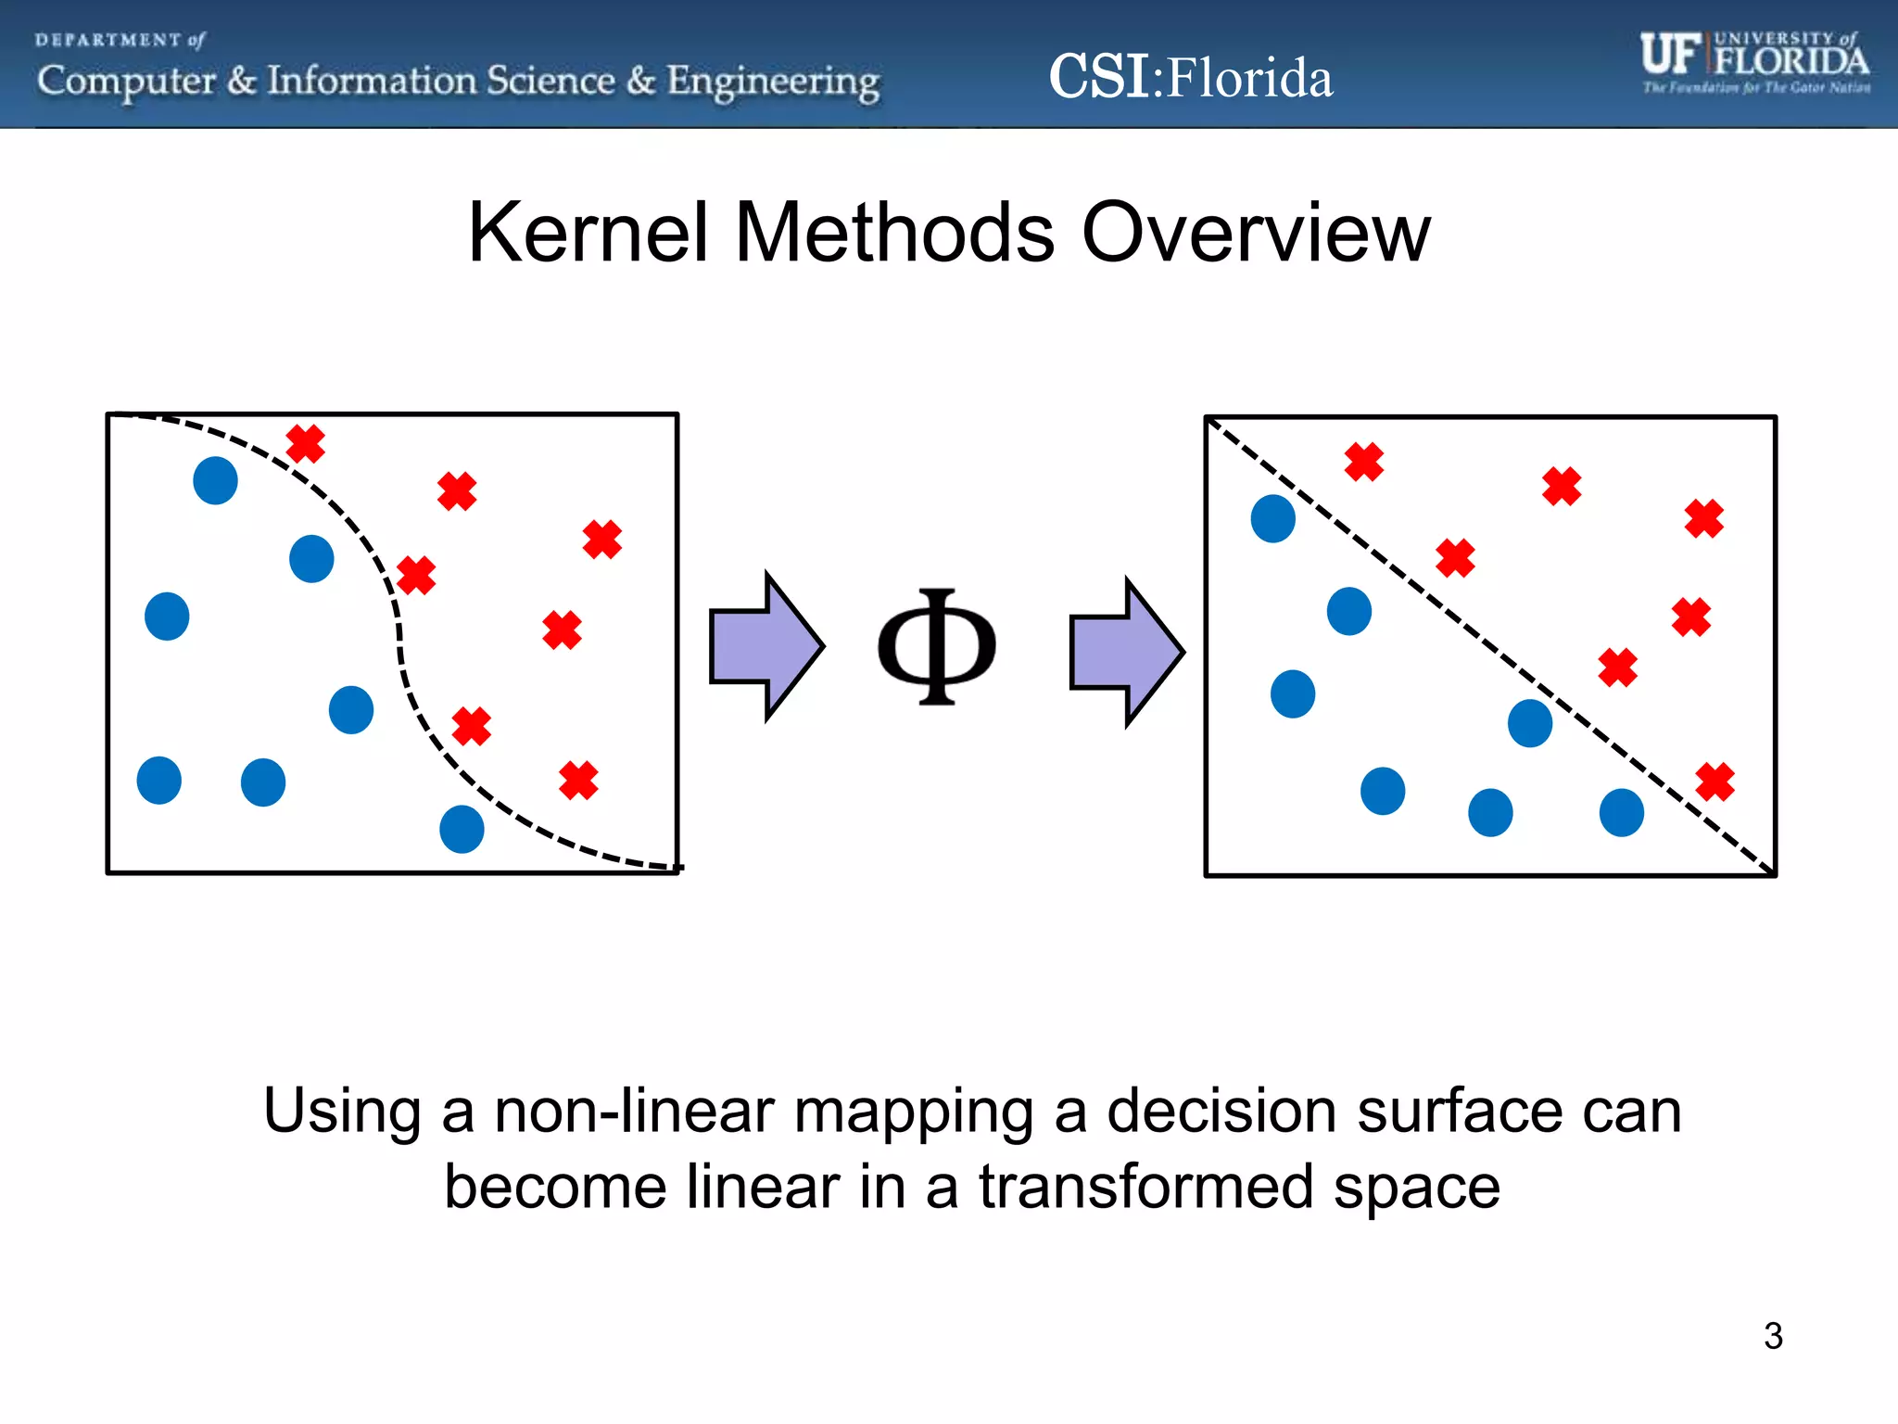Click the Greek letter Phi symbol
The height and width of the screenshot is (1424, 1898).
936,646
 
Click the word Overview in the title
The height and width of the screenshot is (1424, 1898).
1256,233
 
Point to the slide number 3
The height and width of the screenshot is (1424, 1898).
1772,1336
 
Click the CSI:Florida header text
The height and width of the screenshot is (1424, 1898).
1190,77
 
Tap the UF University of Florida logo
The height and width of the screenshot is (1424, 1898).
1754,61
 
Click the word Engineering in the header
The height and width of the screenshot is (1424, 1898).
773,82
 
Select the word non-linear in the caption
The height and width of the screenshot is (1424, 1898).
634,1111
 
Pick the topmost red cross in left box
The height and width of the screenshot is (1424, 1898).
306,443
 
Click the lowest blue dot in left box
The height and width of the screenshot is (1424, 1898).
462,829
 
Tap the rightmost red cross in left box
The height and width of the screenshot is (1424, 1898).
602,539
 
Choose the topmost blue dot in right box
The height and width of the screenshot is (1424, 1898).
1272,518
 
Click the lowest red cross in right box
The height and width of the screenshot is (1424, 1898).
1715,782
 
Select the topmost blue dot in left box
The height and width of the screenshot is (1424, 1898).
215,480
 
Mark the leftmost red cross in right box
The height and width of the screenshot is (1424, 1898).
1364,461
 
